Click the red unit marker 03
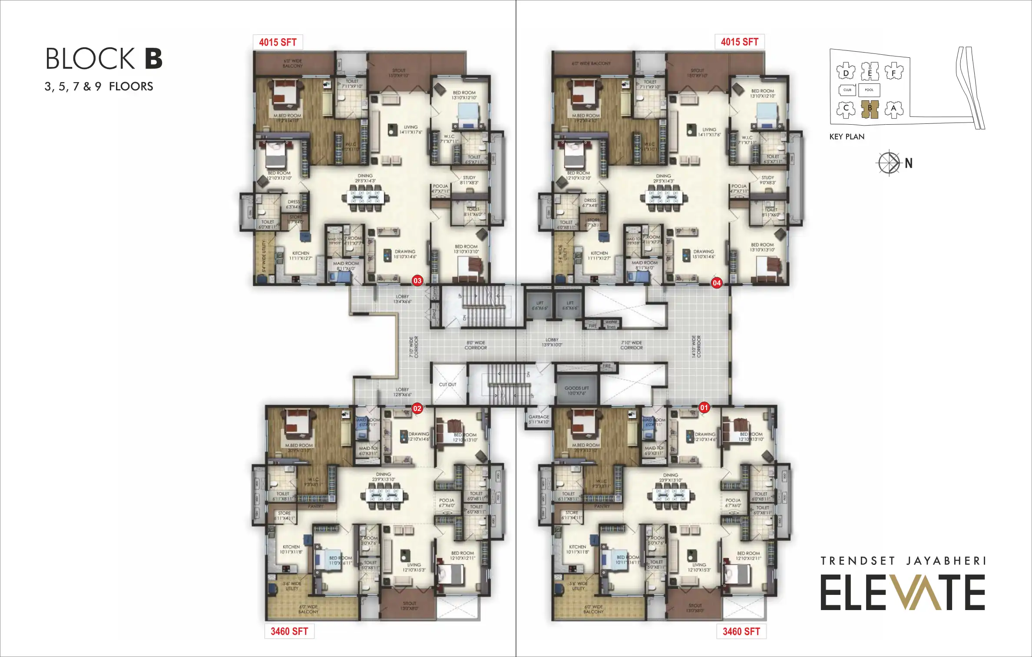pos(417,281)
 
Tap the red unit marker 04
pos(716,283)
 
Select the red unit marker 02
pos(417,408)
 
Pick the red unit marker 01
pos(704,408)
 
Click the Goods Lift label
pos(576,391)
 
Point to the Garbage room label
pos(539,419)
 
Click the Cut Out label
pos(447,385)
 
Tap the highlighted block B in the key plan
pos(870,109)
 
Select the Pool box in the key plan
pos(869,90)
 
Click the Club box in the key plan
pos(847,90)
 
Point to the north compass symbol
pos(889,163)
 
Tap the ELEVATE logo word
pos(902,592)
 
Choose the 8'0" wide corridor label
pos(476,345)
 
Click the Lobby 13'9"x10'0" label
pos(552,342)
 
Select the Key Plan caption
pos(847,137)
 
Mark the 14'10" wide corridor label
pos(696,346)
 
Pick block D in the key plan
pos(846,72)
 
